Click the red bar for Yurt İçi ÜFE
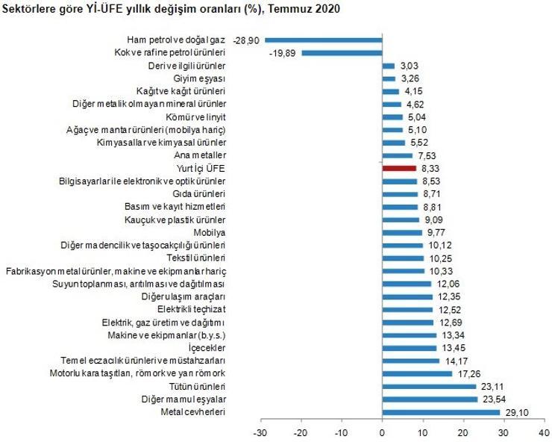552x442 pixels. click(399, 169)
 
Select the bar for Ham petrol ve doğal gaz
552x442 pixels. click(323, 40)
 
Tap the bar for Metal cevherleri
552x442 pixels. click(441, 412)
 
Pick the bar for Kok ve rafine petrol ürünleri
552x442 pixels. click(341, 53)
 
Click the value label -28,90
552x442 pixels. click(245, 40)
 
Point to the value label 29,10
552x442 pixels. click(515, 412)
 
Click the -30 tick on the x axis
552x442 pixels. click(260, 432)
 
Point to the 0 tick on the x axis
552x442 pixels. click(382, 432)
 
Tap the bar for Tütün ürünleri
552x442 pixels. click(429, 386)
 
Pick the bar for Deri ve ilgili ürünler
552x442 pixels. click(388, 66)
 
